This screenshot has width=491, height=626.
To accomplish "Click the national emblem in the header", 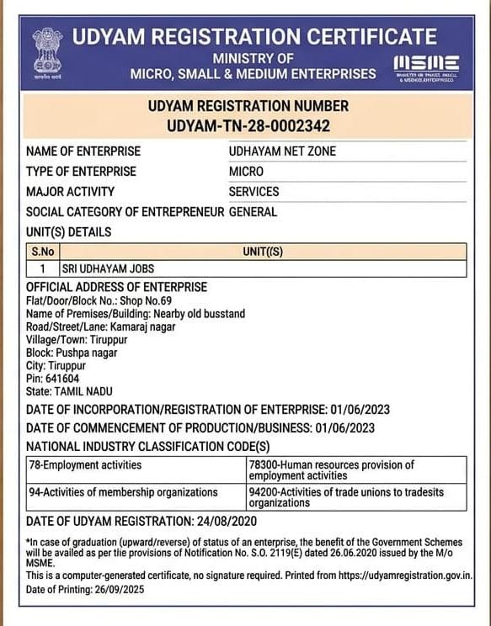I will point(47,51).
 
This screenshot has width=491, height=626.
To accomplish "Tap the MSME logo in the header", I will point(426,64).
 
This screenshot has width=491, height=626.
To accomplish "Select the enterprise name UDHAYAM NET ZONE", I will point(281,151).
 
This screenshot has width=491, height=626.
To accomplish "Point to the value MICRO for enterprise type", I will point(246,172).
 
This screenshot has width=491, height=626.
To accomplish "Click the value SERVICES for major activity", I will point(254,192).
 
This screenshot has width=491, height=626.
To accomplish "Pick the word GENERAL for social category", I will point(253,212).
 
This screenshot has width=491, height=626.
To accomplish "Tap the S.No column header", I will point(42,252).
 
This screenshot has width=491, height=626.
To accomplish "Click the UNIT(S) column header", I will point(263,252).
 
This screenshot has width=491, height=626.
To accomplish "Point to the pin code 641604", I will point(55,379).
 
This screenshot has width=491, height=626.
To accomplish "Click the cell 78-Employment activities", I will point(85,464).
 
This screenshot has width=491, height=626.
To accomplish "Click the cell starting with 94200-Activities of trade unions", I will point(346,496).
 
